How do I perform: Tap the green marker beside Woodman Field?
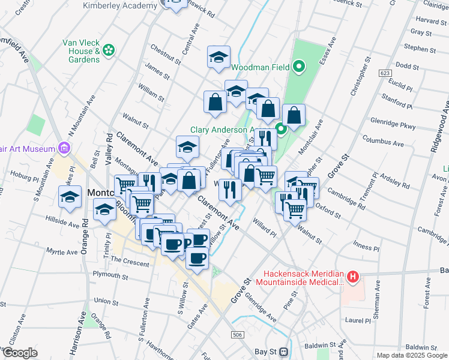click(x=299, y=67)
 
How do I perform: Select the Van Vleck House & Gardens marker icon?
click(x=109, y=51)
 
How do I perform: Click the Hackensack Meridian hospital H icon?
click(x=354, y=277)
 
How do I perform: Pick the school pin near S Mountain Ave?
click(x=70, y=197)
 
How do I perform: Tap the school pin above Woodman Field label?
click(x=219, y=58)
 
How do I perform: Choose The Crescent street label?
click(x=129, y=262)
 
